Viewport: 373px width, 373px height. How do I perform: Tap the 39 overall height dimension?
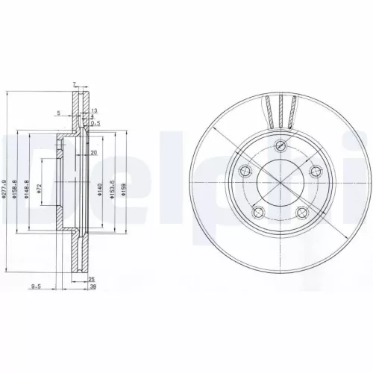click(93, 286)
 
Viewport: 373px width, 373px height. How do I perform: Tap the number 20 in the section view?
click(94, 152)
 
